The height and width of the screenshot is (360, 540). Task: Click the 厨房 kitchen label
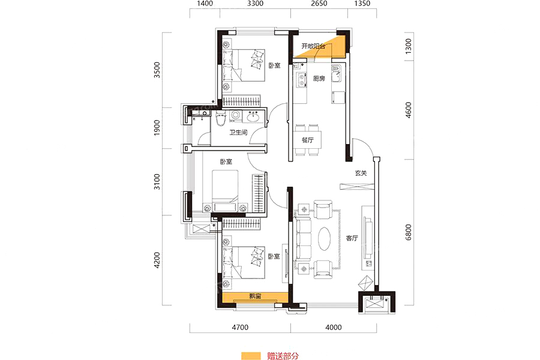(319, 79)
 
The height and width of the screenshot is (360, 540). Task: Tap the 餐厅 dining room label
(308, 140)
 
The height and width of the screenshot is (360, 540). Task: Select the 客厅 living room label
(352, 238)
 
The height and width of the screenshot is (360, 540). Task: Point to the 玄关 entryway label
(361, 173)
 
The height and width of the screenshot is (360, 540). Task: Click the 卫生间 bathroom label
(239, 132)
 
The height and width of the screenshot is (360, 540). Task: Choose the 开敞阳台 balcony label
(313, 46)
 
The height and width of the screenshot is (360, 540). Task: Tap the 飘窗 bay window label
(255, 296)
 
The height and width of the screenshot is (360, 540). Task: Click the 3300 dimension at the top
(255, 4)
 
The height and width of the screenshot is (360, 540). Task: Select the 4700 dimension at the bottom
(240, 327)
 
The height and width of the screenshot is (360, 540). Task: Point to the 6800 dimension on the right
(408, 232)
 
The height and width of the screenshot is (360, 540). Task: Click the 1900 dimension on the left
(157, 127)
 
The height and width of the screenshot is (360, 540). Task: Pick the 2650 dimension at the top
(319, 4)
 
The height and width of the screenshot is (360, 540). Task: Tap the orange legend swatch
(251, 356)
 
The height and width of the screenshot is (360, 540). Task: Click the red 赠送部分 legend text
(283, 356)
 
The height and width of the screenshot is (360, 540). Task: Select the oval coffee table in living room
(325, 239)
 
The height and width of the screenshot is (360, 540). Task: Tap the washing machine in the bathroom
(236, 115)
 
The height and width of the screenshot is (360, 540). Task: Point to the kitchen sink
(337, 73)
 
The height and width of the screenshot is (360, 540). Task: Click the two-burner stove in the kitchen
(302, 80)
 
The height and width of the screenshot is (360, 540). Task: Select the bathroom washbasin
(254, 116)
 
